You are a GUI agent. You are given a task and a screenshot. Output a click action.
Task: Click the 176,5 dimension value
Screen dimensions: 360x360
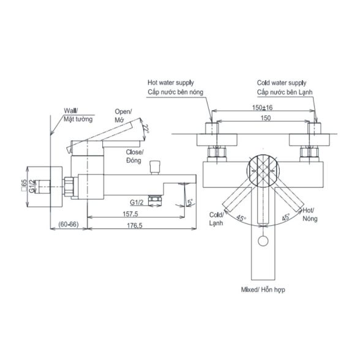pos(135,225)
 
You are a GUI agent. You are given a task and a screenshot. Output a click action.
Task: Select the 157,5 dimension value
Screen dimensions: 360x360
pos(130,214)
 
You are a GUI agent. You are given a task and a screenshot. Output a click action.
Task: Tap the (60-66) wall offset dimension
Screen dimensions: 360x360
pos(69,224)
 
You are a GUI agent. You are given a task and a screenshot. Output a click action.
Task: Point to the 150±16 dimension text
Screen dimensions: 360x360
pos(262,108)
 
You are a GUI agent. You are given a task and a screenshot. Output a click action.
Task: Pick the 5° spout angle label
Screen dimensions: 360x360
pos(190,202)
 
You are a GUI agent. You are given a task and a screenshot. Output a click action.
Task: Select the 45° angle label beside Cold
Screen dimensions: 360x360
pos(241,218)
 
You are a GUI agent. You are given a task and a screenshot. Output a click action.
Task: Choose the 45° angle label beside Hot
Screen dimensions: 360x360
pos(285,217)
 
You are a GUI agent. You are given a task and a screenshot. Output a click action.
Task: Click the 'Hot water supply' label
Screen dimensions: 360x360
pos(171,83)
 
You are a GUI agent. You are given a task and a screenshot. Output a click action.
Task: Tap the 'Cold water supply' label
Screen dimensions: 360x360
pos(282,83)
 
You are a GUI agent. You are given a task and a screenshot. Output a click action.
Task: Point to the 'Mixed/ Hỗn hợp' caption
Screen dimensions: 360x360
pos(263,290)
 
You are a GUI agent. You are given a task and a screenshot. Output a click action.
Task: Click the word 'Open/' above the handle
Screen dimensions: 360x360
pos(123,112)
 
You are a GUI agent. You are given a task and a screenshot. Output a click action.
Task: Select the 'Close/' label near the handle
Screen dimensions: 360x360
pos(135,152)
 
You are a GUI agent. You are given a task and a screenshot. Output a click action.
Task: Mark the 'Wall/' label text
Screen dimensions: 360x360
pos(71,111)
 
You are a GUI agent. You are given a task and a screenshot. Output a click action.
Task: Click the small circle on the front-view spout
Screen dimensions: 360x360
pos(263,241)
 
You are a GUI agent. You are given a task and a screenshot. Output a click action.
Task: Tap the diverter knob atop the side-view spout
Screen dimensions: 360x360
pos(154,168)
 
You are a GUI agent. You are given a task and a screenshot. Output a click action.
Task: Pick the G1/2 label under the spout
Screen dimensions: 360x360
pos(137,202)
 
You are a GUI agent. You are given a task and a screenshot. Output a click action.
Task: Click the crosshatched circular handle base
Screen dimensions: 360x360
pos(263,170)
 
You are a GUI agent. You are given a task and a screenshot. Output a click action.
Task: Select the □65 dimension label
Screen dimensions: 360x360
pos(24,186)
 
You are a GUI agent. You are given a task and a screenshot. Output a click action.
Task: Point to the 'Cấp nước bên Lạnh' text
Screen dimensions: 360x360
pos(285,92)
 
